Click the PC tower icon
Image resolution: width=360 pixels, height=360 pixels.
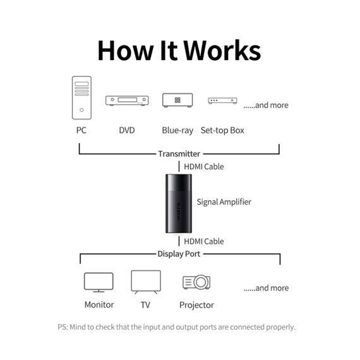tap(81, 98)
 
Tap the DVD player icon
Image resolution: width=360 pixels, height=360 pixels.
tap(127, 100)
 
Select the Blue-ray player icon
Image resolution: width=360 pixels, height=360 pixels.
tap(177, 100)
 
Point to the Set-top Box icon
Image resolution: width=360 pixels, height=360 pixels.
tap(222, 100)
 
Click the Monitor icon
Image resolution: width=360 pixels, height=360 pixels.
tap(99, 282)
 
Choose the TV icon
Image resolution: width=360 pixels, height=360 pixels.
tap(146, 282)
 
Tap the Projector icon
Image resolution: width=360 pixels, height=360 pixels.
tap(196, 282)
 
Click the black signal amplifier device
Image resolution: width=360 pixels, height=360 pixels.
tap(179, 203)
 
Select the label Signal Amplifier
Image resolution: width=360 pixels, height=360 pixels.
tap(224, 202)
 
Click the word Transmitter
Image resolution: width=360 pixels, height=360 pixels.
tap(179, 154)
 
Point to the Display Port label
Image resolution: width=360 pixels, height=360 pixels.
tap(179, 254)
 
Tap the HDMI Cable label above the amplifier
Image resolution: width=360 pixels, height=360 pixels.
tap(204, 167)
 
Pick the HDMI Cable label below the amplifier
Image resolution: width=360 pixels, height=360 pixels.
tap(204, 241)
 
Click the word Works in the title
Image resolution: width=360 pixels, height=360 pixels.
tap(222, 51)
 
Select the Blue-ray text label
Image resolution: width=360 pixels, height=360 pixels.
tap(177, 130)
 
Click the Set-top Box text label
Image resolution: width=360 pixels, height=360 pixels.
tap(222, 130)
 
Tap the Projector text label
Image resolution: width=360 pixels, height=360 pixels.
tap(196, 305)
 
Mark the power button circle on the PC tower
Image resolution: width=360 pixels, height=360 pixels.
tap(81, 110)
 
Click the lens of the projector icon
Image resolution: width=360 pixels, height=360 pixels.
tap(201, 282)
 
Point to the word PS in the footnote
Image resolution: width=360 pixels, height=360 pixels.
tap(63, 327)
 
